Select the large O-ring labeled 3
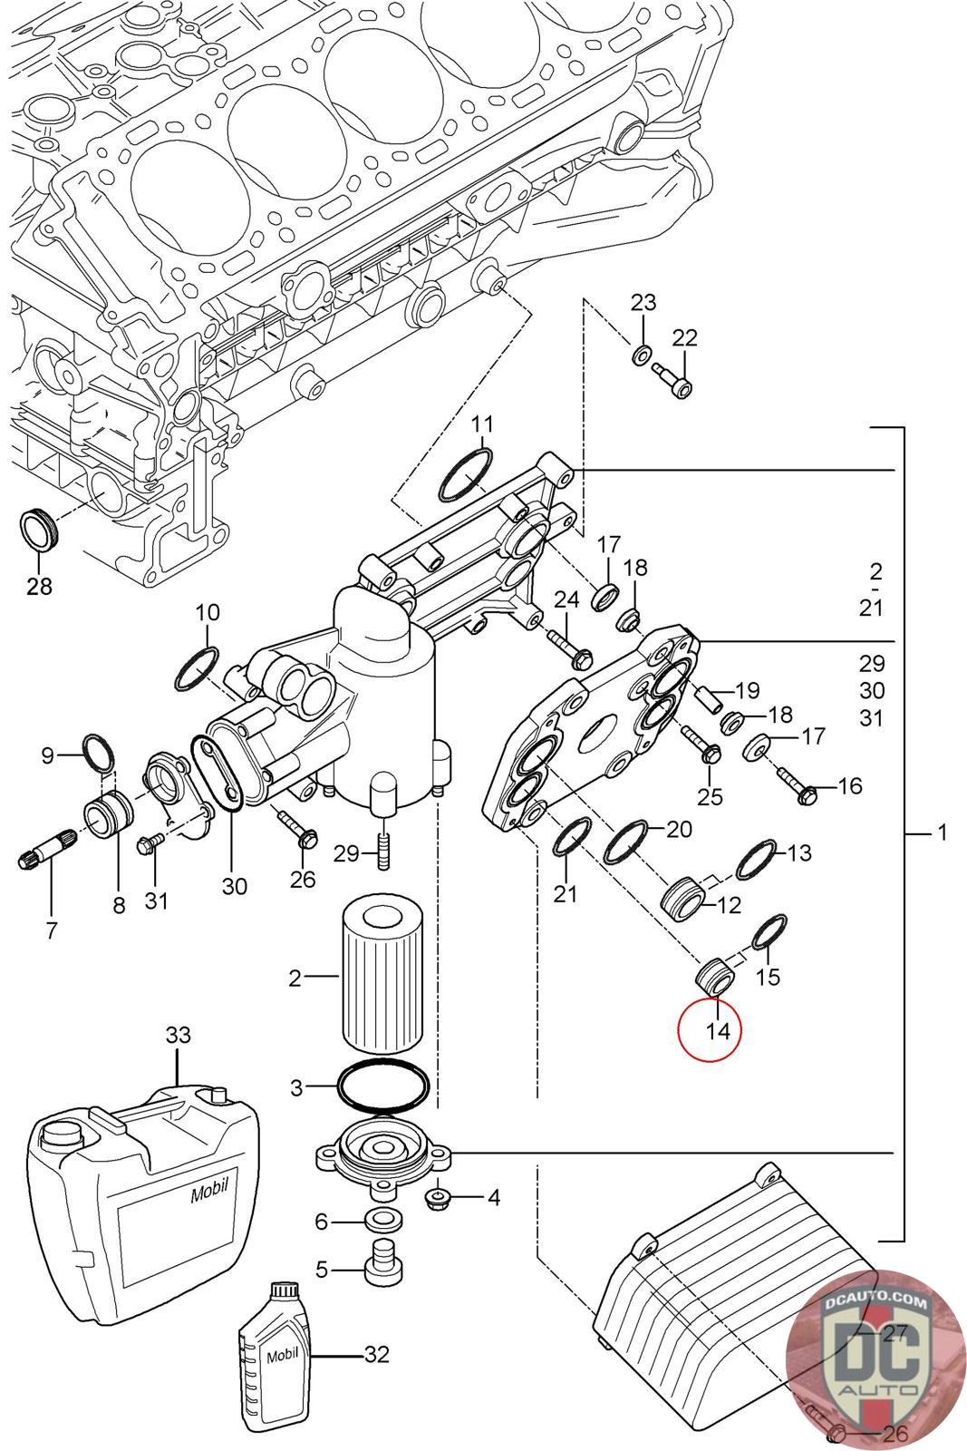click(x=382, y=1085)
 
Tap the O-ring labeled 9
click(x=99, y=751)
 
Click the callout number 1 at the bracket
click(x=943, y=832)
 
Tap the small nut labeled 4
click(x=440, y=1198)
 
